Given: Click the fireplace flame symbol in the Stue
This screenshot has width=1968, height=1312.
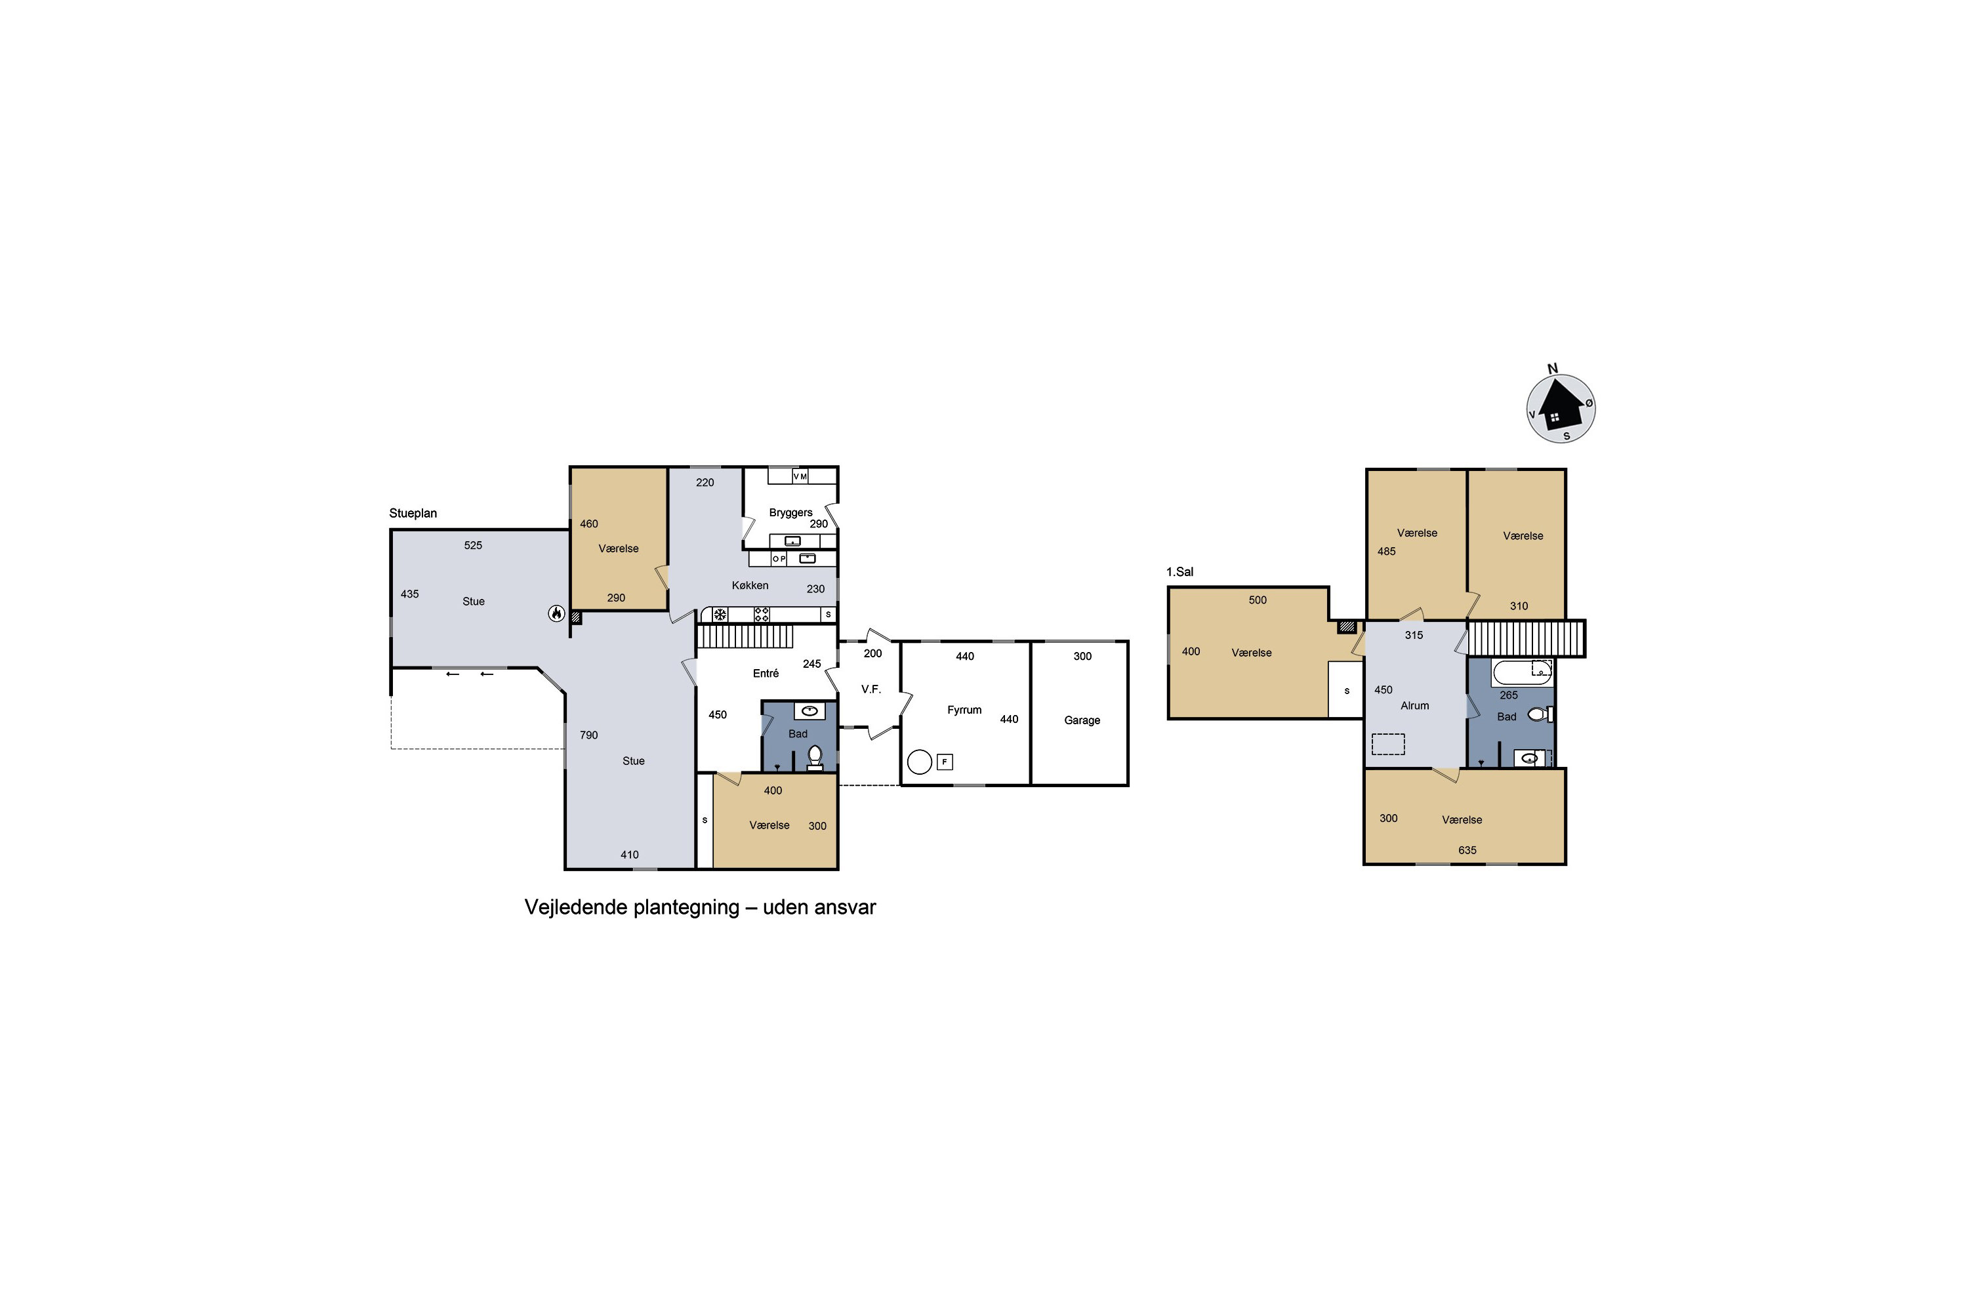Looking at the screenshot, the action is pos(556,613).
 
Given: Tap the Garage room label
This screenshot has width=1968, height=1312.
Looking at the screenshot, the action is pos(1082,720).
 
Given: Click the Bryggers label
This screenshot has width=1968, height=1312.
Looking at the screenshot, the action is pos(790,513).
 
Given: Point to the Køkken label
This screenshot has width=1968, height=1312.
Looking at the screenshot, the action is pos(750,586).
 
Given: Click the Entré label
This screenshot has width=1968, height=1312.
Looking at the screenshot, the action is pos(766,674).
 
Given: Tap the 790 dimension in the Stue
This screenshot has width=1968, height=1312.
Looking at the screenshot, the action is pos(589,735).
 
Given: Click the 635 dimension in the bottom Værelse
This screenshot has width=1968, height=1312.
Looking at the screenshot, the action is pos(1467,850).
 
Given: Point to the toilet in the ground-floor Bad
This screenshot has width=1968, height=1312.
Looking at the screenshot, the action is pos(815,757).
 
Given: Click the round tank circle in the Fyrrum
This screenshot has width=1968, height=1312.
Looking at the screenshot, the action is pos(920,762).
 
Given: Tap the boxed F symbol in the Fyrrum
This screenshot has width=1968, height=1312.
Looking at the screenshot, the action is pos(945,762).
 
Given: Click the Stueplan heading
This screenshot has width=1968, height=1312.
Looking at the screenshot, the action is pos(413,514).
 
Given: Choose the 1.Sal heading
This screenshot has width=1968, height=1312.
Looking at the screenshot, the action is pos(1179,572).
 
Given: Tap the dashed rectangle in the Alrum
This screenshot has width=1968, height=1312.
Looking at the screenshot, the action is pos(1388,744).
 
